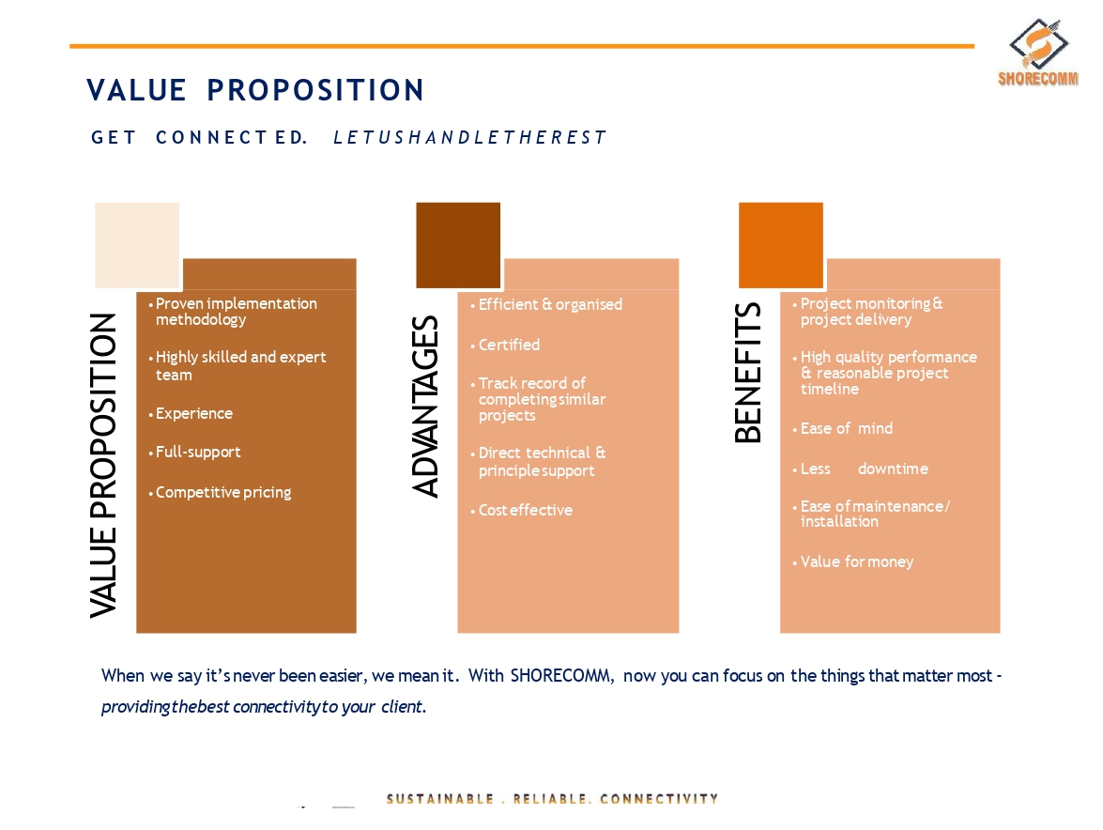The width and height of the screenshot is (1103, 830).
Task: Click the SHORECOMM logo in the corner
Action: tap(1038, 53)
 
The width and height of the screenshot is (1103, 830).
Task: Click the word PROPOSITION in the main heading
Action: tap(315, 90)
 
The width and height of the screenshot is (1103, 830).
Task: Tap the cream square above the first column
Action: tap(137, 245)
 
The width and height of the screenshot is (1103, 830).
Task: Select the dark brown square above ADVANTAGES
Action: tap(458, 245)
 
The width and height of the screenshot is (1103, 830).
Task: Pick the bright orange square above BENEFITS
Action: tap(781, 245)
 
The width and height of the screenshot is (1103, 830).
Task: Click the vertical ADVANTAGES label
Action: tap(425, 407)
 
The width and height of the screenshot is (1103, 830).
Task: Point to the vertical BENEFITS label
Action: tap(748, 373)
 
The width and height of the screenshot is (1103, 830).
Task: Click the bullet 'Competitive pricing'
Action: tap(220, 492)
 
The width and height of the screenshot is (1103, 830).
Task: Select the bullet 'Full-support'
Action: tap(195, 452)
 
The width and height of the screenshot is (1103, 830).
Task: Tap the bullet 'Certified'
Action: tap(505, 345)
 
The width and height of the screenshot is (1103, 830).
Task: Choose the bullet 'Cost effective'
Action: tap(521, 510)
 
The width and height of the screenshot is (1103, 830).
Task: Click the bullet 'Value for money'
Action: tap(852, 561)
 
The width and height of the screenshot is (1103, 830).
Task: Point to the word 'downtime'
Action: tap(893, 469)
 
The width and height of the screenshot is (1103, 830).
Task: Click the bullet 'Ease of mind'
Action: tap(843, 428)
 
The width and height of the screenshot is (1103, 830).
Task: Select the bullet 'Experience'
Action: tap(191, 414)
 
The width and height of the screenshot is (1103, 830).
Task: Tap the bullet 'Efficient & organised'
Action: tap(546, 304)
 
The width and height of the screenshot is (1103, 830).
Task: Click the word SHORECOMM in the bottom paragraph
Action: tap(561, 676)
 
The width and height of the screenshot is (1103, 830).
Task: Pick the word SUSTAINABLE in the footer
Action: tap(439, 799)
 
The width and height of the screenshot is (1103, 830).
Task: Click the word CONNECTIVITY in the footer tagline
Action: tap(659, 799)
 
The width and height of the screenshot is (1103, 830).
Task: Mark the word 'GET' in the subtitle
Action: tap(114, 137)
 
